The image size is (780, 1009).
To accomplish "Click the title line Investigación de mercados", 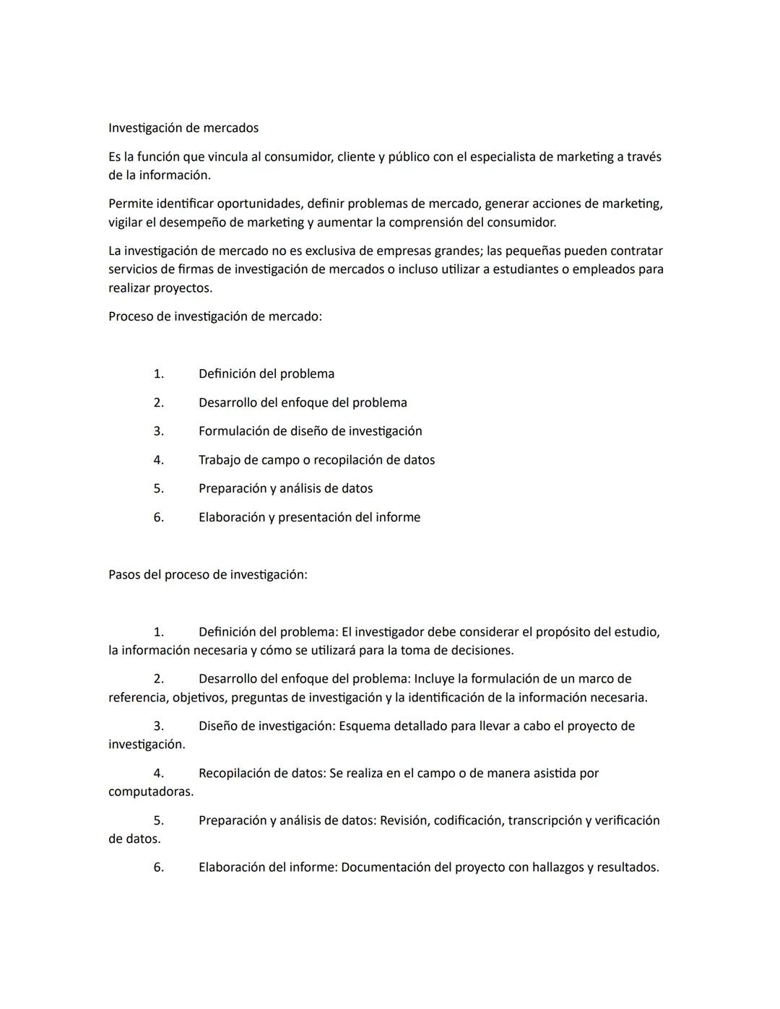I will [x=183, y=128].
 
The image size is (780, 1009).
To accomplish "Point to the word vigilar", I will [x=126, y=222].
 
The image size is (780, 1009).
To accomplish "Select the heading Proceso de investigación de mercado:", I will [x=215, y=316].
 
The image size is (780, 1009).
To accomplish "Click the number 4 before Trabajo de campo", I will [x=158, y=460].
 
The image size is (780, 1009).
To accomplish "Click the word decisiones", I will [x=482, y=650].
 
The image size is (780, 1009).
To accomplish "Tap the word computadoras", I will [x=151, y=792].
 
